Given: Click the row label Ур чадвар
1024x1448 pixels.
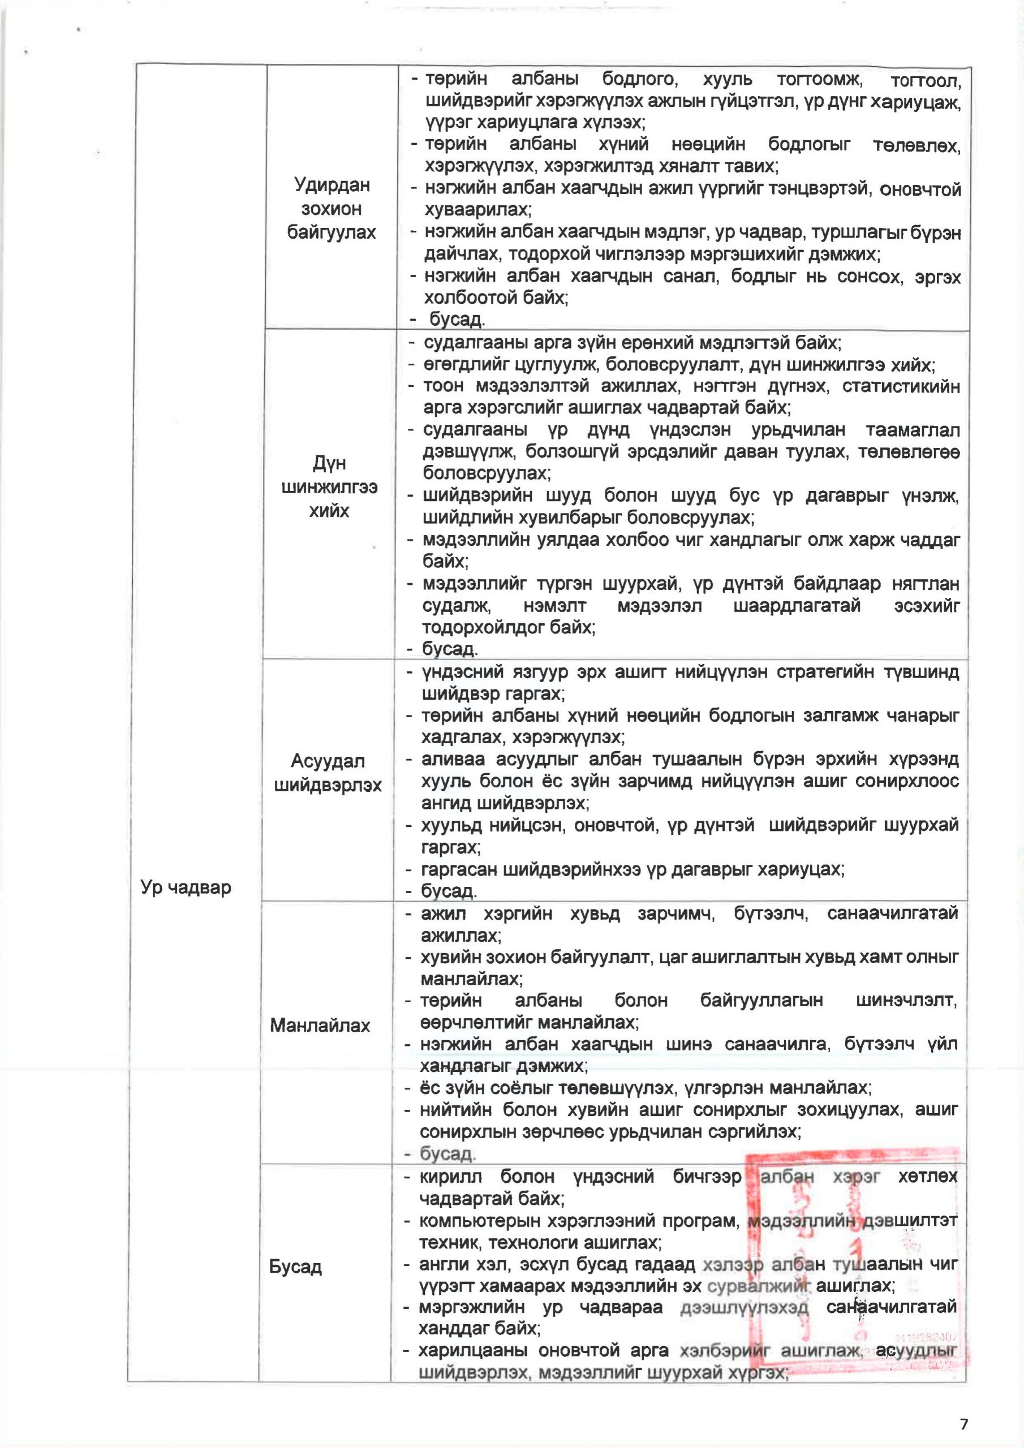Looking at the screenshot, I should point(186,887).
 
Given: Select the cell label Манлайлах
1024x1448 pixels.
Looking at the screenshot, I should point(320,1025).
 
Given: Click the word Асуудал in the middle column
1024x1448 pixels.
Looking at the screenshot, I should point(328,761).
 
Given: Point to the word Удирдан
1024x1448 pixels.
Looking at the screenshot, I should point(332,185).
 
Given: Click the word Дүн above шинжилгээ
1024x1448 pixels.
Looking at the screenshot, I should point(329,463).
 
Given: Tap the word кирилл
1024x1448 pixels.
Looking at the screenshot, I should point(450,1177).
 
